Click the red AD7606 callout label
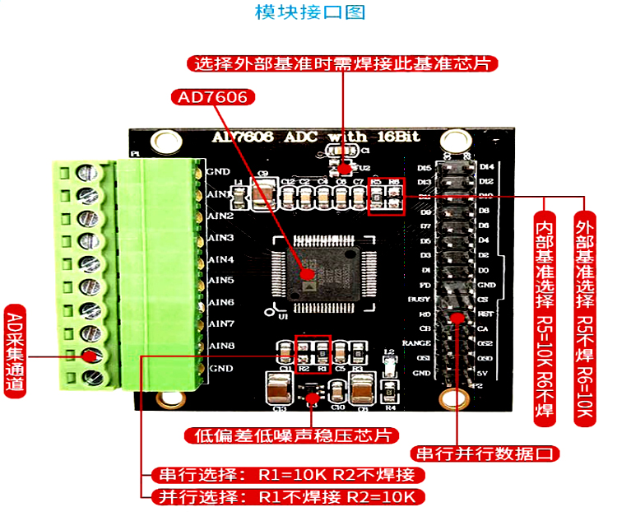tap(213, 97)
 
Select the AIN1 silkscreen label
tap(220, 194)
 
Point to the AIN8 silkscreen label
tap(221, 346)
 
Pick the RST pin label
tap(485, 314)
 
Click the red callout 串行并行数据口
tap(488, 454)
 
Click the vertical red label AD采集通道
tap(16, 353)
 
